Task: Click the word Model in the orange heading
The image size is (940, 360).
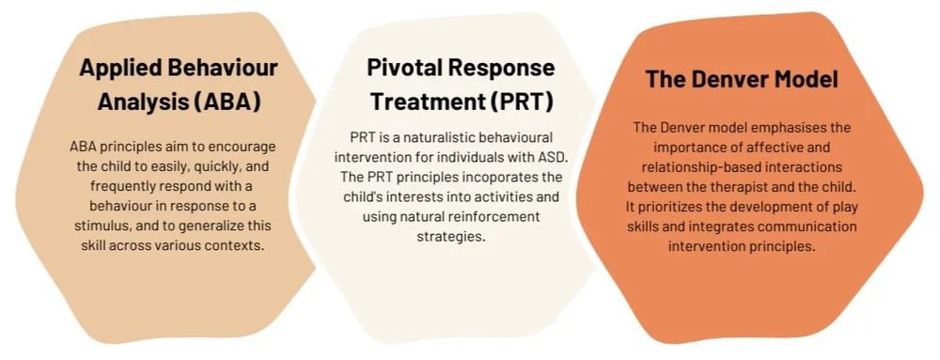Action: (805, 79)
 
